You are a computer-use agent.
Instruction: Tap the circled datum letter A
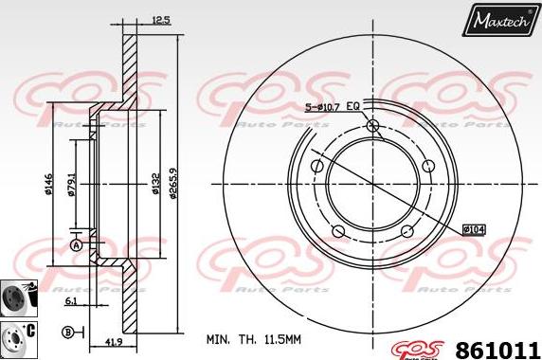click(76, 245)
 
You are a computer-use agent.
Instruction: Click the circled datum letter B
click(68, 332)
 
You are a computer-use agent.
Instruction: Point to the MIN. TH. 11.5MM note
click(255, 338)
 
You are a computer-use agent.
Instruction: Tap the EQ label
click(352, 107)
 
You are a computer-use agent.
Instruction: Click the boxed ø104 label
click(474, 228)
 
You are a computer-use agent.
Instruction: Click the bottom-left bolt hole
click(338, 232)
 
